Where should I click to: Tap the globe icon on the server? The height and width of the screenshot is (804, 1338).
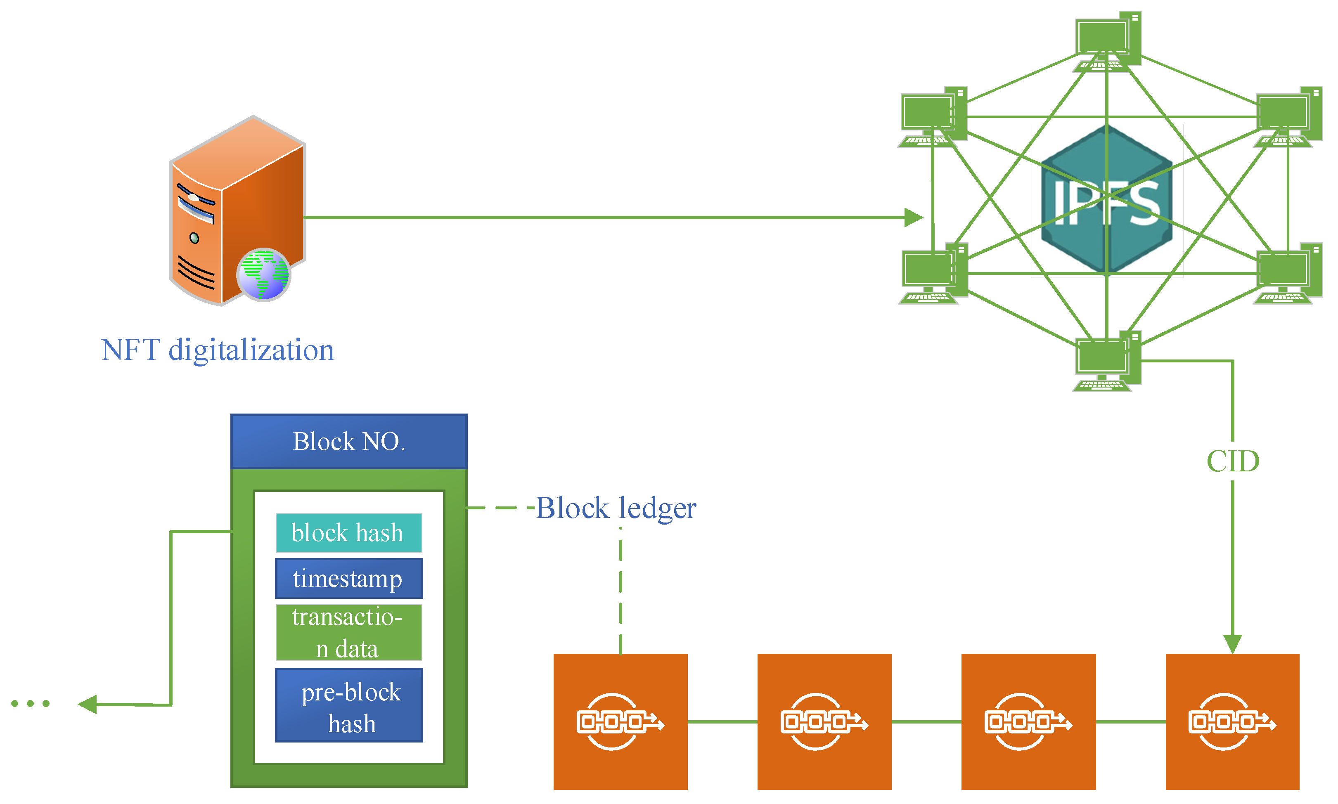(264, 275)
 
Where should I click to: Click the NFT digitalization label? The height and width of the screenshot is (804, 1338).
(217, 350)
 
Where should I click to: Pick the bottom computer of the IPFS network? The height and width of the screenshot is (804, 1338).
(1107, 361)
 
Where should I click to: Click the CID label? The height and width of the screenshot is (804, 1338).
(1232, 461)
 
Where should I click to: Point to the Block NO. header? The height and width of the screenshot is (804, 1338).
(349, 442)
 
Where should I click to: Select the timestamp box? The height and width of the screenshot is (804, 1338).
(348, 579)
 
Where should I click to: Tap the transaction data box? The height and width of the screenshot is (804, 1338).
(348, 633)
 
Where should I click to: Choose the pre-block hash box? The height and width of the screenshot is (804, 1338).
(348, 705)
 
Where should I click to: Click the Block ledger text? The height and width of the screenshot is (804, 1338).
(616, 508)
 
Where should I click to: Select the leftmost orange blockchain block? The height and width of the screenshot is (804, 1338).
(620, 721)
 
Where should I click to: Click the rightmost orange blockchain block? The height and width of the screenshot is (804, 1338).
(1232, 721)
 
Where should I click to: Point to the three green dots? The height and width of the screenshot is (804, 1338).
(31, 704)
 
